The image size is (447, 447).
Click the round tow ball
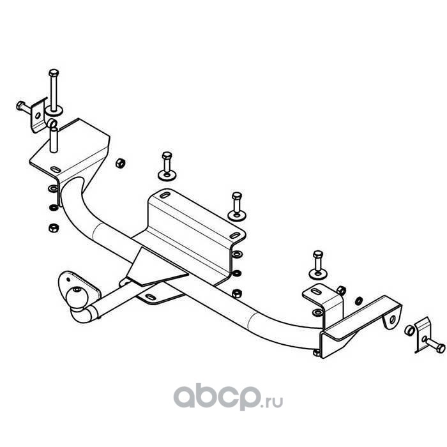[x=76, y=298]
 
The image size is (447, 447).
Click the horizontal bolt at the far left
[x=22, y=105]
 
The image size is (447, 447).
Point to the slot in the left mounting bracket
[x=56, y=169]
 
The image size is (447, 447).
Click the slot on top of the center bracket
[x=165, y=195]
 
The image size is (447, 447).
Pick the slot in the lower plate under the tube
[x=151, y=298]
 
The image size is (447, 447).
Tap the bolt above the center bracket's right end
[x=236, y=203]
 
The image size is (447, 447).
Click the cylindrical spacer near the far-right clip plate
[x=409, y=331]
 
